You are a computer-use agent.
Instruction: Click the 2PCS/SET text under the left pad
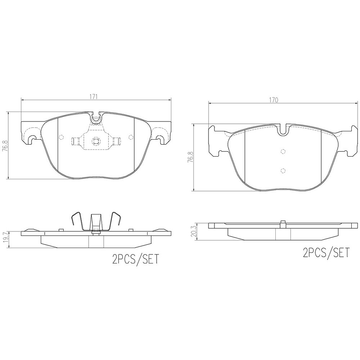coord(135,260)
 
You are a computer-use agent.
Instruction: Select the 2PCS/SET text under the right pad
coord(326,252)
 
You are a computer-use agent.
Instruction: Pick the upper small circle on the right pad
coord(282,152)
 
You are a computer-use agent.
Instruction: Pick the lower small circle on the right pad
coord(282,171)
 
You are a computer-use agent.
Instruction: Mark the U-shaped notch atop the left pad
coord(95,117)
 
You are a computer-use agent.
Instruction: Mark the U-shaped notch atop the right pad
coord(283,130)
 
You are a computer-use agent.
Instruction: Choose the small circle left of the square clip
coord(61,138)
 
